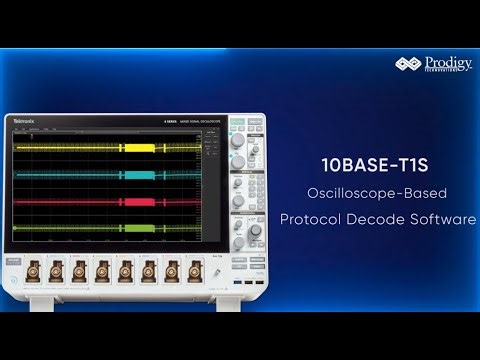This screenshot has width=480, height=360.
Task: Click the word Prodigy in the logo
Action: [x=445, y=62]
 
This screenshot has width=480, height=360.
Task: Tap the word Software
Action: [x=446, y=219]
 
